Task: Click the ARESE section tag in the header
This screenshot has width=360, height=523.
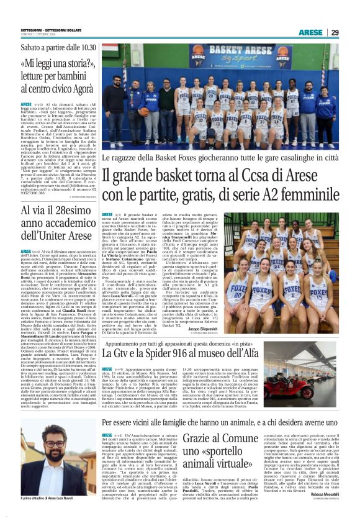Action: (310, 32)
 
